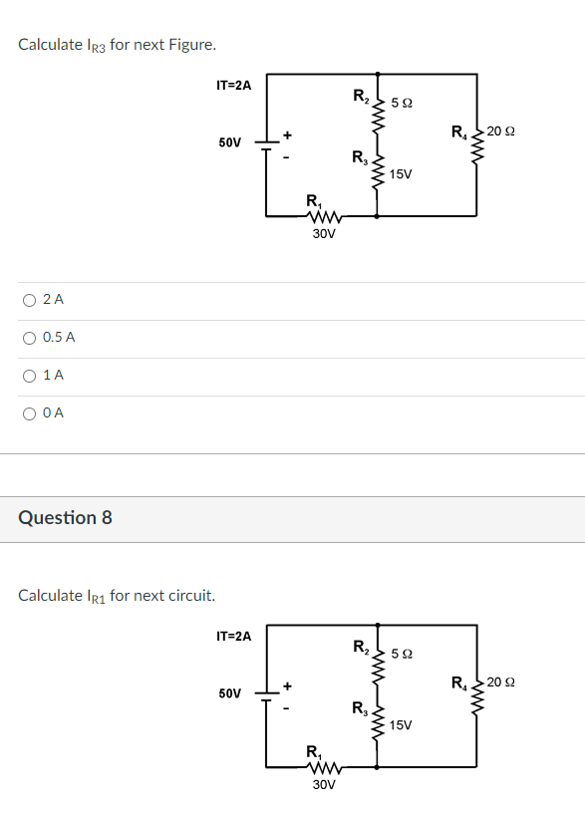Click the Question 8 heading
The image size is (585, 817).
65,517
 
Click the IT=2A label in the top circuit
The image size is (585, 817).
233,86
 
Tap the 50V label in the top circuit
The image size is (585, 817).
229,142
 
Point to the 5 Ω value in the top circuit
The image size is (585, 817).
403,103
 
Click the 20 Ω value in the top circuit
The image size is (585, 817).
501,132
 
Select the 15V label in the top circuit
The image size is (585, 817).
402,174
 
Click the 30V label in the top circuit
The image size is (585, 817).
324,234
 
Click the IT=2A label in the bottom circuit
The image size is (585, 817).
233,636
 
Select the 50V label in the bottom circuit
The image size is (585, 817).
229,692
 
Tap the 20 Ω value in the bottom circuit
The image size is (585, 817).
501,682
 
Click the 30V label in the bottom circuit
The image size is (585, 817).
324,784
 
